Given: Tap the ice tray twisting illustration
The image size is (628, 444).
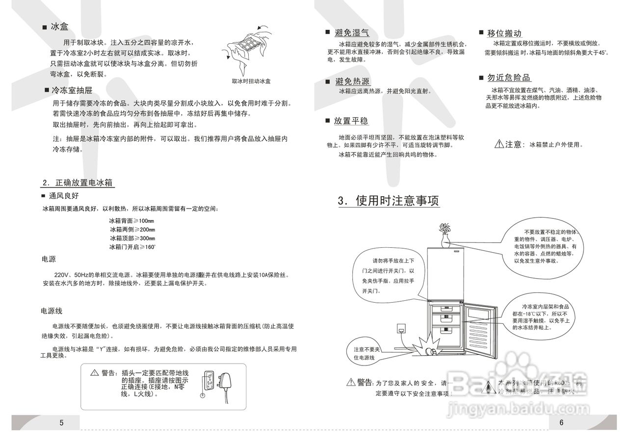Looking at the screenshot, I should coord(248,49).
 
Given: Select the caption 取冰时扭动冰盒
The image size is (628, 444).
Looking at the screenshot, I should coord(251,81).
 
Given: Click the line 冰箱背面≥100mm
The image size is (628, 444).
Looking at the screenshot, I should coord(131,221).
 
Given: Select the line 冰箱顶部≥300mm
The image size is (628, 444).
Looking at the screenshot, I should coord(132,238).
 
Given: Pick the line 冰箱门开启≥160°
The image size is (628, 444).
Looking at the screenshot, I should coord(132,247).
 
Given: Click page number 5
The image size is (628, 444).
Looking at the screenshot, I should coord(61,423).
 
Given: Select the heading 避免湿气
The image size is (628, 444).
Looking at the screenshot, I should coord(352,33).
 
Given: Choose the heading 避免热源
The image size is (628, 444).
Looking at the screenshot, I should coord(352,81).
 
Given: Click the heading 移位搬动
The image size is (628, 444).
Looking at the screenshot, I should coord(504,33).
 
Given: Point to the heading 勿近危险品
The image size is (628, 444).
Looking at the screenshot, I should coord(509,78).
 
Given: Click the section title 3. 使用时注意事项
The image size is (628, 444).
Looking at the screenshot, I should coord(388,201).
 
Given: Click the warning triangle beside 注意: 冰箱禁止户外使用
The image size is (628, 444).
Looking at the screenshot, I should coord(498,144).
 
